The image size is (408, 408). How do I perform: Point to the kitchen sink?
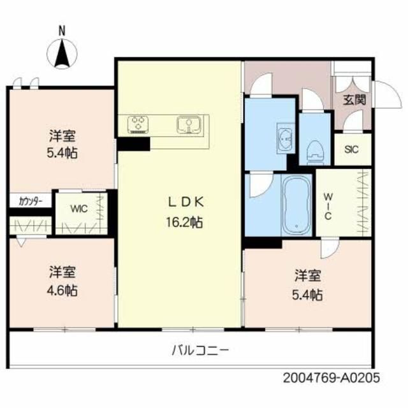[189, 124]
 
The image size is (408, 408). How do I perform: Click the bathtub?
[295, 206]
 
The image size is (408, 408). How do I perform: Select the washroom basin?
[285, 138]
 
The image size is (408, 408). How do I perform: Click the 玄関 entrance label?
[354, 99]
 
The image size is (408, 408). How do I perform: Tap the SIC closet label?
[352, 150]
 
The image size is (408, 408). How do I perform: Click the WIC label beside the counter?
[79, 208]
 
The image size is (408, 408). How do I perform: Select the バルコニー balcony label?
[200, 349]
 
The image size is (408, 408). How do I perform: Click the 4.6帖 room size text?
[64, 291]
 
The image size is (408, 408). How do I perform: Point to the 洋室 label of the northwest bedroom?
[64, 136]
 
